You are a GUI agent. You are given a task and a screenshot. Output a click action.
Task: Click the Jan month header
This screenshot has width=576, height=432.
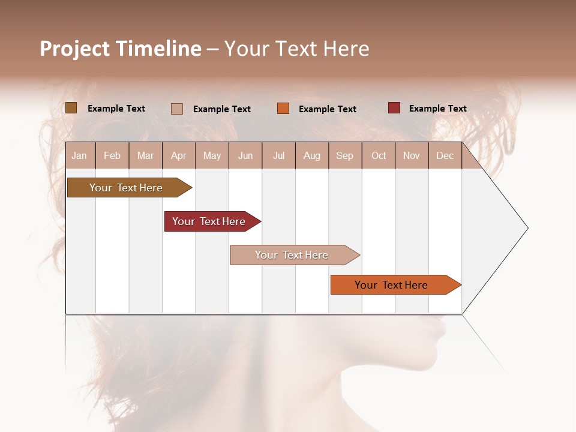(79, 155)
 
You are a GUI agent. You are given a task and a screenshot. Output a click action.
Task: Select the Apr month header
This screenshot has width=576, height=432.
(178, 155)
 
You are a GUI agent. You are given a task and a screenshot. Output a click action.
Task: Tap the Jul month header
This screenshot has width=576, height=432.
(278, 155)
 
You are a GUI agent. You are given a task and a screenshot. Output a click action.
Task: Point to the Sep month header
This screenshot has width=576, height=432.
(344, 155)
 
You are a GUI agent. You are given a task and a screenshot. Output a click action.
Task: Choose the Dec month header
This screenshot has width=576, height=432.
(445, 155)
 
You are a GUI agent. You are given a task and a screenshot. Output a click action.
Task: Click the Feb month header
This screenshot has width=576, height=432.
(112, 155)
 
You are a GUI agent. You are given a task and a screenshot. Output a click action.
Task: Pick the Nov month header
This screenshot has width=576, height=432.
(411, 155)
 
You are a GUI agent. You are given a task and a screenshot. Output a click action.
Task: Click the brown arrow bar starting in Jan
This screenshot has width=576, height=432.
(126, 188)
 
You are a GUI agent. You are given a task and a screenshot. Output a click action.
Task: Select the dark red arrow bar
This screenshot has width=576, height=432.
(209, 221)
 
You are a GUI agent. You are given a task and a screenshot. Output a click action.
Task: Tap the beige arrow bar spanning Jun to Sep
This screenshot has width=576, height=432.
(292, 255)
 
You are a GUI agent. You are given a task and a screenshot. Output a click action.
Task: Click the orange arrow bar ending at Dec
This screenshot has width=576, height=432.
(391, 285)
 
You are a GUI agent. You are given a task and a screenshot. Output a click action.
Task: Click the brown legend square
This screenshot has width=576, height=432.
(71, 108)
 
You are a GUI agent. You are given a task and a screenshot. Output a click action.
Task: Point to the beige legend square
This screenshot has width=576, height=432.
(176, 109)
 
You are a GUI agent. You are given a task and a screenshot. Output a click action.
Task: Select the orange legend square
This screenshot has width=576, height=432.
(283, 109)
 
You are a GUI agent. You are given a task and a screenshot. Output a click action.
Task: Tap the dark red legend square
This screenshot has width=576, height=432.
(394, 108)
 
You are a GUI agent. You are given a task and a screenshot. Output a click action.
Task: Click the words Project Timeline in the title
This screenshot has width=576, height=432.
(120, 49)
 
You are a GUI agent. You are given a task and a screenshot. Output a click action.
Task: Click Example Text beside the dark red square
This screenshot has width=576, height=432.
(437, 109)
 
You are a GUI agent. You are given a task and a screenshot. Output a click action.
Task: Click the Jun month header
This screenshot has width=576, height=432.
(245, 155)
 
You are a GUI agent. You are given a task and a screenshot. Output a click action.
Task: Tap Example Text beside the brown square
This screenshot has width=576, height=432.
(116, 109)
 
